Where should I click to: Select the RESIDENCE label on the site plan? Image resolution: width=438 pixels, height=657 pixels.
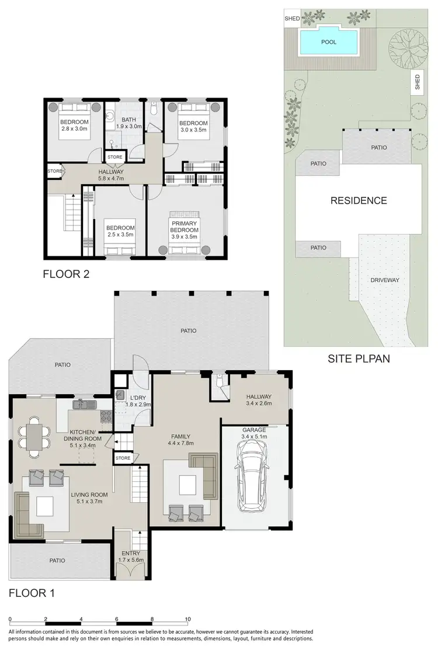[359, 201]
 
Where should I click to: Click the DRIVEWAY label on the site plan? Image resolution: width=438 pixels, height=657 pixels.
[385, 280]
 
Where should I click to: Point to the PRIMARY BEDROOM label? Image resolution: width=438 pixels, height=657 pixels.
[185, 227]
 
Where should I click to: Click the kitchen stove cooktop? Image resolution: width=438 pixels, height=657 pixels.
[107, 417]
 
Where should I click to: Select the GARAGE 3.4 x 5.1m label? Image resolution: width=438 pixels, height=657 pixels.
[253, 432]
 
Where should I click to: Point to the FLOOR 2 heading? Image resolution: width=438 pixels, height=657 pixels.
[66, 273]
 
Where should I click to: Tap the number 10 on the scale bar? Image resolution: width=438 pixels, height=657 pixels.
[187, 618]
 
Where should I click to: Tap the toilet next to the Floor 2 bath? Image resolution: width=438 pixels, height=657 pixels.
[153, 109]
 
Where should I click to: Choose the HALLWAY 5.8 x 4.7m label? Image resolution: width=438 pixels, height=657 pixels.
[111, 175]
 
